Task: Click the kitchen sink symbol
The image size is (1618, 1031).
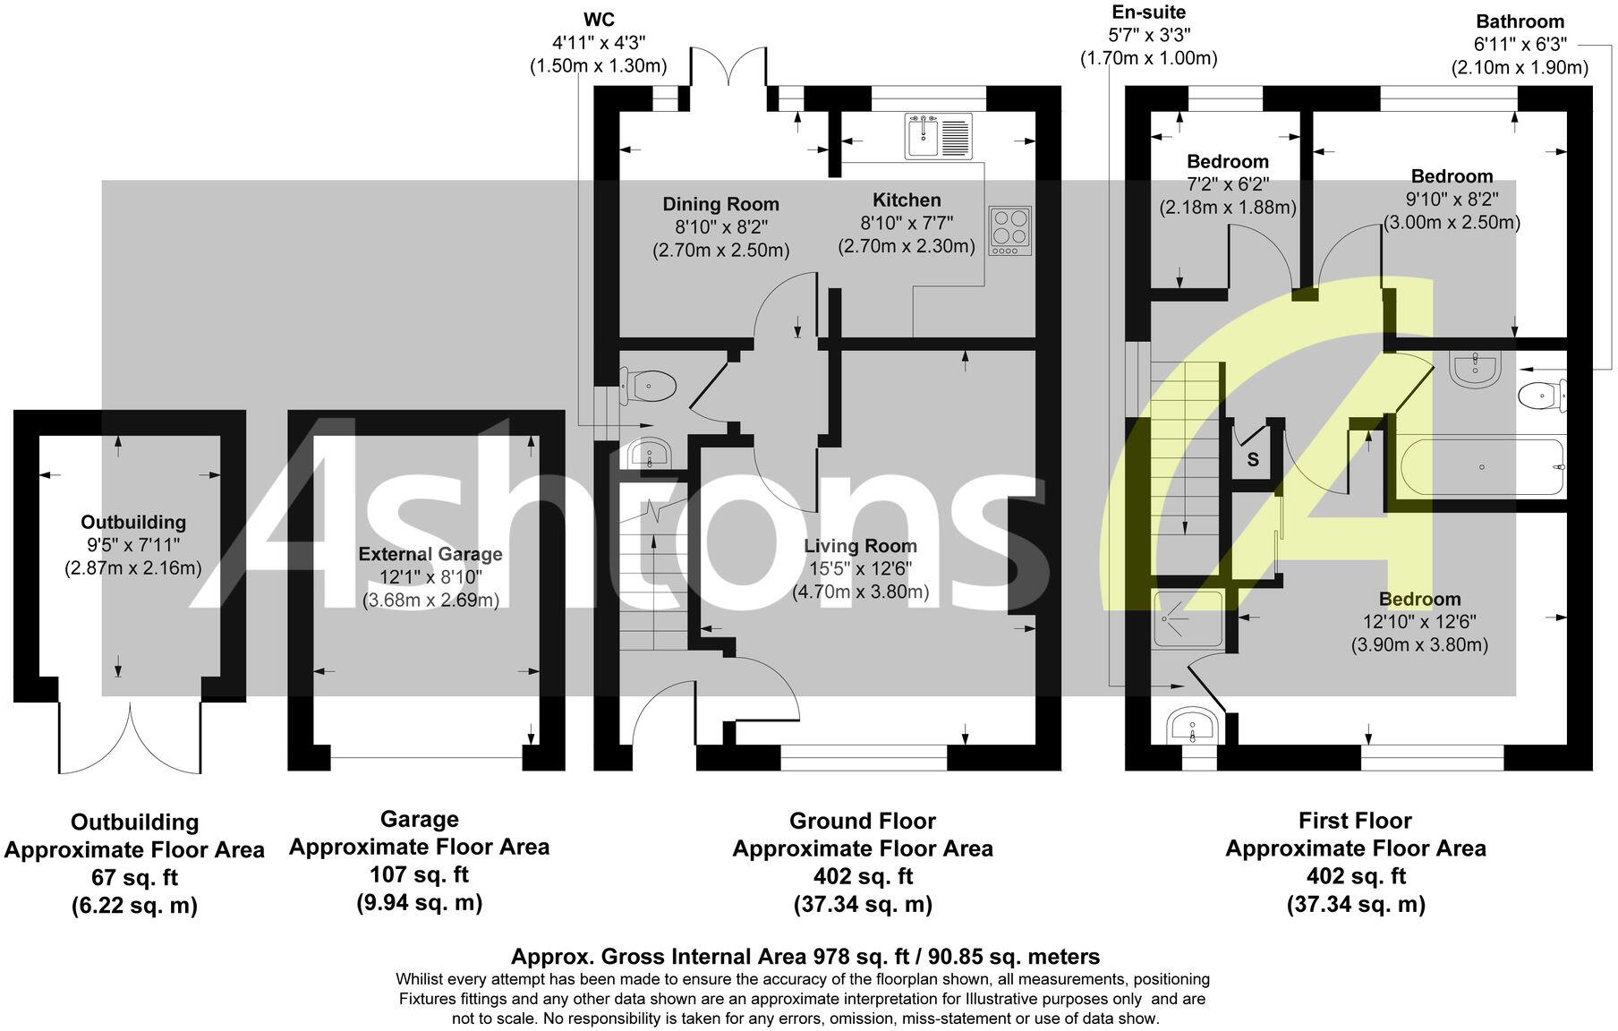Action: click(938, 137)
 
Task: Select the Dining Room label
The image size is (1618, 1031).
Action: click(720, 204)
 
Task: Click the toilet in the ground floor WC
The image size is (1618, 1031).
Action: click(651, 387)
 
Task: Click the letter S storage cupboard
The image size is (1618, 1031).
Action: click(1253, 460)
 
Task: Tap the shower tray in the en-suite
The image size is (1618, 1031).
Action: click(1188, 618)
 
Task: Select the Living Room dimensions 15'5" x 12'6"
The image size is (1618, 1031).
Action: click(860, 569)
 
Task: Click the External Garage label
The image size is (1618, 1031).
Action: click(430, 554)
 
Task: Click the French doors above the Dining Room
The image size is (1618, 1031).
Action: click(728, 67)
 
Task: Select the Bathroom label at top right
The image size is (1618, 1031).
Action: click(1520, 21)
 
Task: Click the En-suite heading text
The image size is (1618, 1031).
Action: click(1148, 13)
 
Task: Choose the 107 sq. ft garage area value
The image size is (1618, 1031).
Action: click(419, 874)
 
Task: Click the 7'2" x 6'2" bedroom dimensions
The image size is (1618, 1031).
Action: click(1228, 184)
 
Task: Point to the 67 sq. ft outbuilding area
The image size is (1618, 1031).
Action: click(134, 877)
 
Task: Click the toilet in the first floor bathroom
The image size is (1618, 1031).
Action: click(1543, 395)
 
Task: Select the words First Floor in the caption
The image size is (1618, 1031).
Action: click(1354, 821)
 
